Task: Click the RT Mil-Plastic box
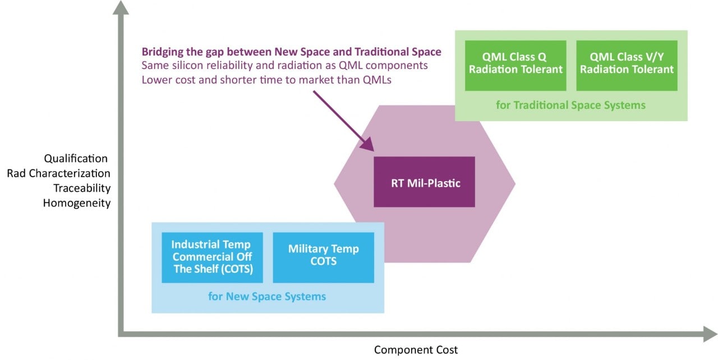424,182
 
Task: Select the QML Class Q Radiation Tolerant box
514,63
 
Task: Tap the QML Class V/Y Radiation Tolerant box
626,63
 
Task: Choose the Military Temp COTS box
323,256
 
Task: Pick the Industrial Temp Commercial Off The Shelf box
211,256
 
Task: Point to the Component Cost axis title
416,350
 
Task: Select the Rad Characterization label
58,173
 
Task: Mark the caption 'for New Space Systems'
267,296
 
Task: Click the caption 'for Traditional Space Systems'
570,105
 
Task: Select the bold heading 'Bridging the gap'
291,52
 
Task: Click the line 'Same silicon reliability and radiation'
284,66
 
